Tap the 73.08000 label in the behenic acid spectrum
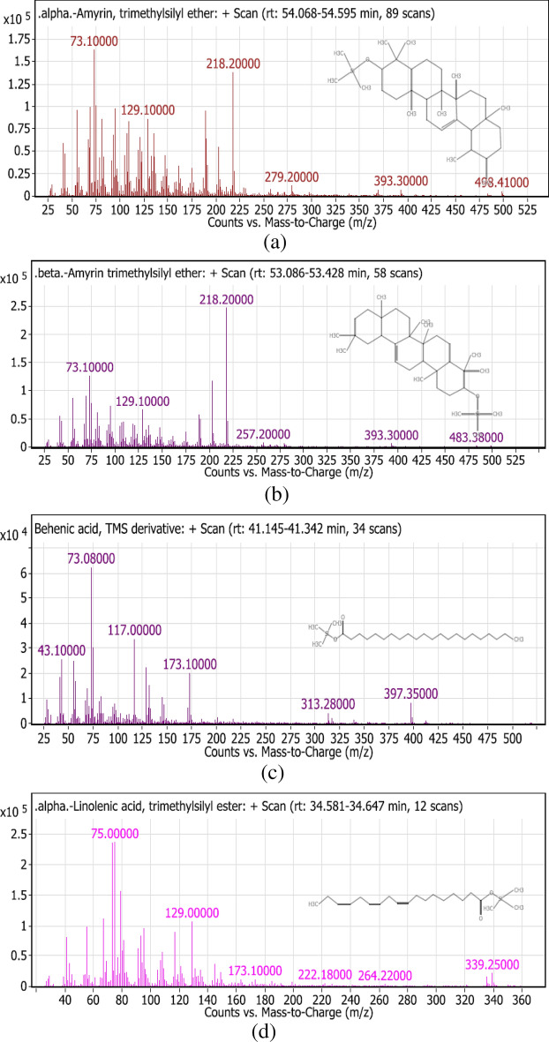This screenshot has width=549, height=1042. point(91,558)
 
